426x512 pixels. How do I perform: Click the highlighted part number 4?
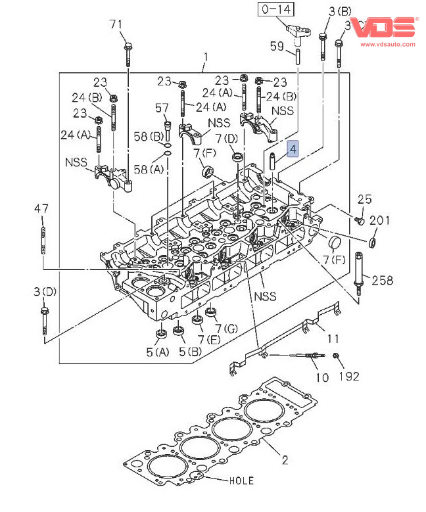pos(293,149)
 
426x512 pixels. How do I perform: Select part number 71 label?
pos(116,25)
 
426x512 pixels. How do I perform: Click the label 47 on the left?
pos(41,208)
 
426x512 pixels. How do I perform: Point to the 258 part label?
pos(381,281)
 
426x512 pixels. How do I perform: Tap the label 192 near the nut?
pos(349,376)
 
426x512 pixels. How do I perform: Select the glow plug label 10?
pos(321,377)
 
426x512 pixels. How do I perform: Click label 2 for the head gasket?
pos(285,460)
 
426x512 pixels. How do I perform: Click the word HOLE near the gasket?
pos(241,480)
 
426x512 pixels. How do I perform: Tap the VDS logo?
pos(384,28)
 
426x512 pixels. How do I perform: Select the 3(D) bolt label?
pos(45,291)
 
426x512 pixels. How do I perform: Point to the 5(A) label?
pos(158,352)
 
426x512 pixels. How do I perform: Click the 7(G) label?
pos(225,327)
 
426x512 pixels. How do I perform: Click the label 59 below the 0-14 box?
pos(277,46)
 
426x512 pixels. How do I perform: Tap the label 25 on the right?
pos(365,199)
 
